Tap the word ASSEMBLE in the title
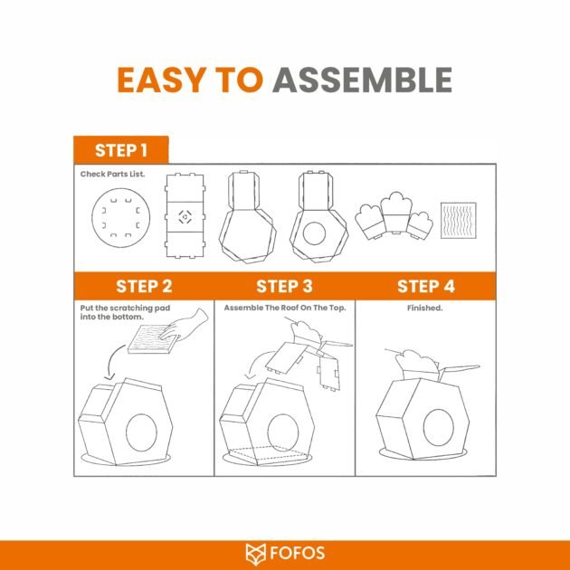point(363,80)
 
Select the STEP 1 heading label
point(121,150)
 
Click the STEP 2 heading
point(144,286)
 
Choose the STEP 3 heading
point(284,286)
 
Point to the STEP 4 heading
point(425,286)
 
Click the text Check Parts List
point(112,174)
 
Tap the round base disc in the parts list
point(120,218)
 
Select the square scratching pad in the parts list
point(459,221)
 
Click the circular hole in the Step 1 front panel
point(314,233)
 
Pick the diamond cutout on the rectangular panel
point(185,217)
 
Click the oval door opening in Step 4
point(439,427)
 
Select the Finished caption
point(424,308)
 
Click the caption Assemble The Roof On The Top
point(285,308)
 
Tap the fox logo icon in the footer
point(255,555)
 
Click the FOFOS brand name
point(297,554)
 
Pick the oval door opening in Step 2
point(141,432)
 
